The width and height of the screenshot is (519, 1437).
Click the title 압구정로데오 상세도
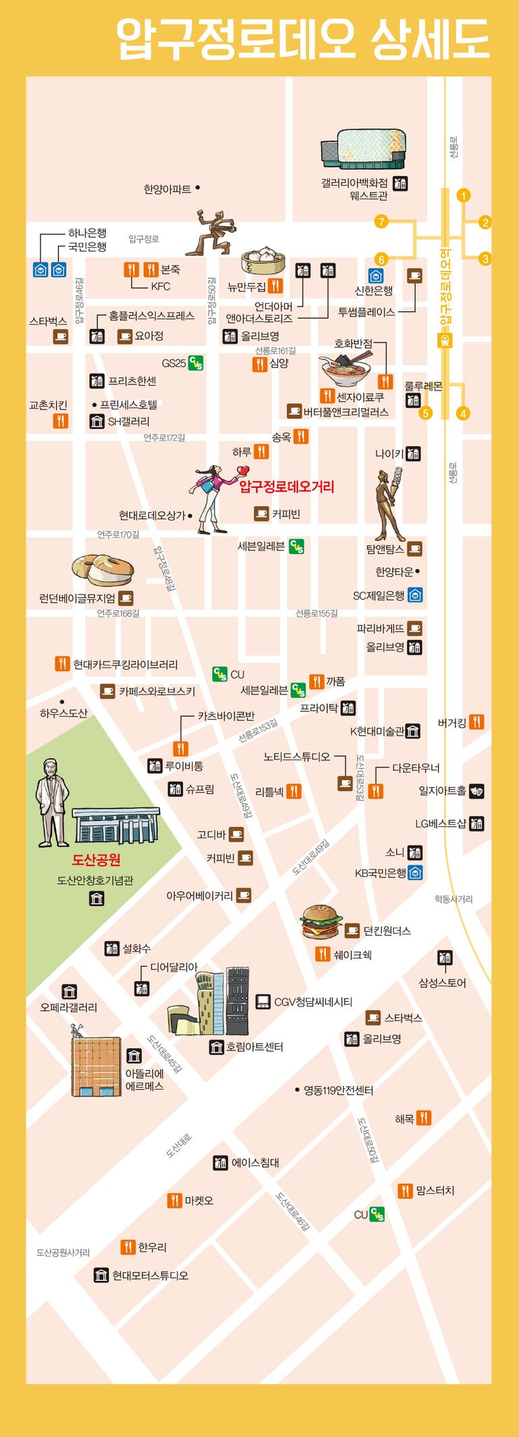point(302,39)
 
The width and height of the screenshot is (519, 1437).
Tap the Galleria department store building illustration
point(364,149)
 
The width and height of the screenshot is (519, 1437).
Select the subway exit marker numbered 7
point(381,222)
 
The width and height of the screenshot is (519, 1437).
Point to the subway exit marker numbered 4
point(463,413)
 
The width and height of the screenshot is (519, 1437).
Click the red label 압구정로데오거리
point(287,486)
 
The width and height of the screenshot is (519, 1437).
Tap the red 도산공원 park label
point(96,859)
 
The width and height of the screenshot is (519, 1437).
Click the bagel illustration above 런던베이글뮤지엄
point(102,570)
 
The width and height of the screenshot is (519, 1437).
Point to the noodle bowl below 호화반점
point(345,370)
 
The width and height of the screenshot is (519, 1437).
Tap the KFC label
point(160,286)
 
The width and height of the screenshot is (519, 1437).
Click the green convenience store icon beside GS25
point(195,363)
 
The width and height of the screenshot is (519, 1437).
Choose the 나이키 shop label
point(389,454)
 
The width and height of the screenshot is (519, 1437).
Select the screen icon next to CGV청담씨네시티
point(263,1001)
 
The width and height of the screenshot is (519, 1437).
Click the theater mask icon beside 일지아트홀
point(476,790)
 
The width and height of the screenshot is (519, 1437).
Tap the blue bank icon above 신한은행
point(376,276)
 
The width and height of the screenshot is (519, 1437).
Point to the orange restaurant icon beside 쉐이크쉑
point(322,954)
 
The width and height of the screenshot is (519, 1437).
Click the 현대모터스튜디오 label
point(150,1276)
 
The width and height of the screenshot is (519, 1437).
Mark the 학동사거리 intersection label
point(453,899)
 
